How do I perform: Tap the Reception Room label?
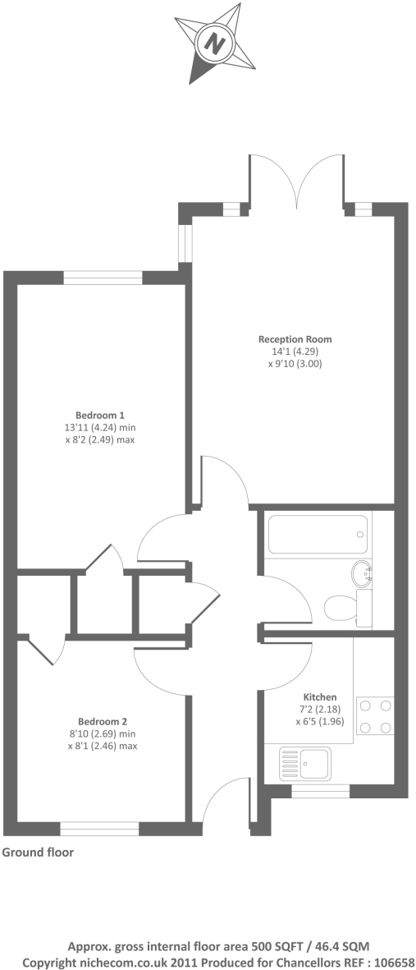[295, 339]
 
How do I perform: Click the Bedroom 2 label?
[102, 723]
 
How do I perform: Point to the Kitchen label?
[320, 696]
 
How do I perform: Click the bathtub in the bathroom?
[317, 534]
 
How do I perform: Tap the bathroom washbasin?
[362, 572]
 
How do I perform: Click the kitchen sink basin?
[313, 762]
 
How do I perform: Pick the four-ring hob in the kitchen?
[376, 715]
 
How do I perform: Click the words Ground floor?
[38, 853]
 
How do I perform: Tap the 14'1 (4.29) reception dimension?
[295, 351]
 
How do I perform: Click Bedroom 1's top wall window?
[103, 278]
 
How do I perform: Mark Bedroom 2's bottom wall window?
[99, 829]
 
